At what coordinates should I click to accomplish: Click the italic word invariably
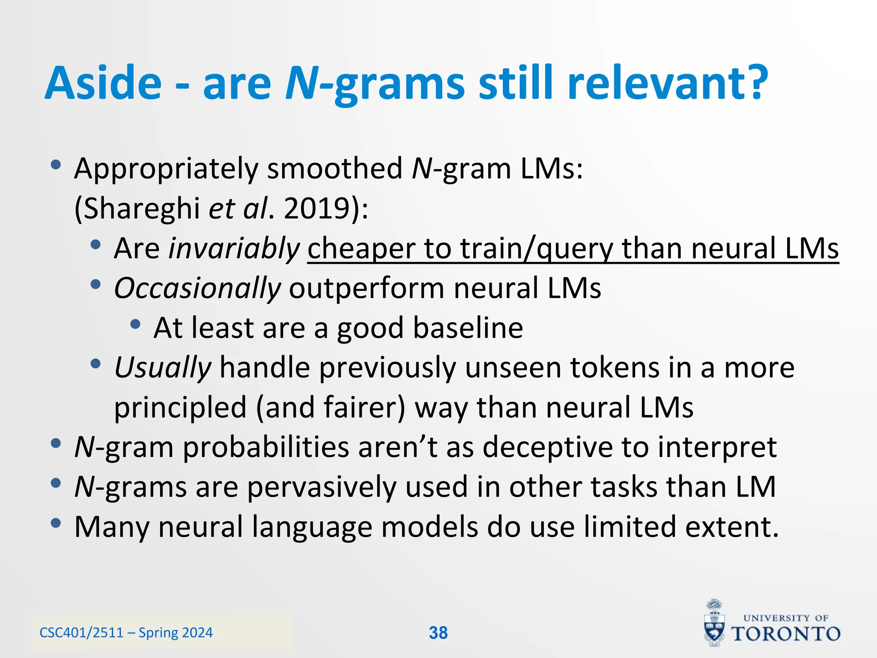point(234,248)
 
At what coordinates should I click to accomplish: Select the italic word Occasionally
point(197,288)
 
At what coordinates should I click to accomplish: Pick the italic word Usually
point(163,368)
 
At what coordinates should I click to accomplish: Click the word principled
point(180,408)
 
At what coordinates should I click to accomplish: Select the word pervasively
point(322,488)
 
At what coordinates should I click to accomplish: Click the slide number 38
point(438,633)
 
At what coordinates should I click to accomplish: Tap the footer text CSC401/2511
point(81,633)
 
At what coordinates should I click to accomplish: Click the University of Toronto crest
point(714,623)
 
